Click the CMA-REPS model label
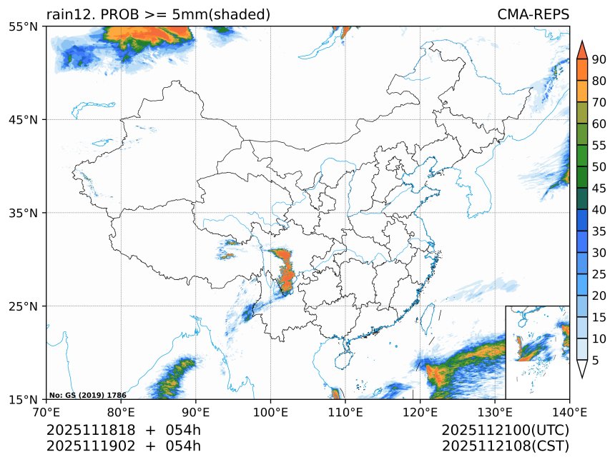[533, 14]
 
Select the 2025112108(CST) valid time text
[505, 446]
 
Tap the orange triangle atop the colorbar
[581, 49]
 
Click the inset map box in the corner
[537, 352]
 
